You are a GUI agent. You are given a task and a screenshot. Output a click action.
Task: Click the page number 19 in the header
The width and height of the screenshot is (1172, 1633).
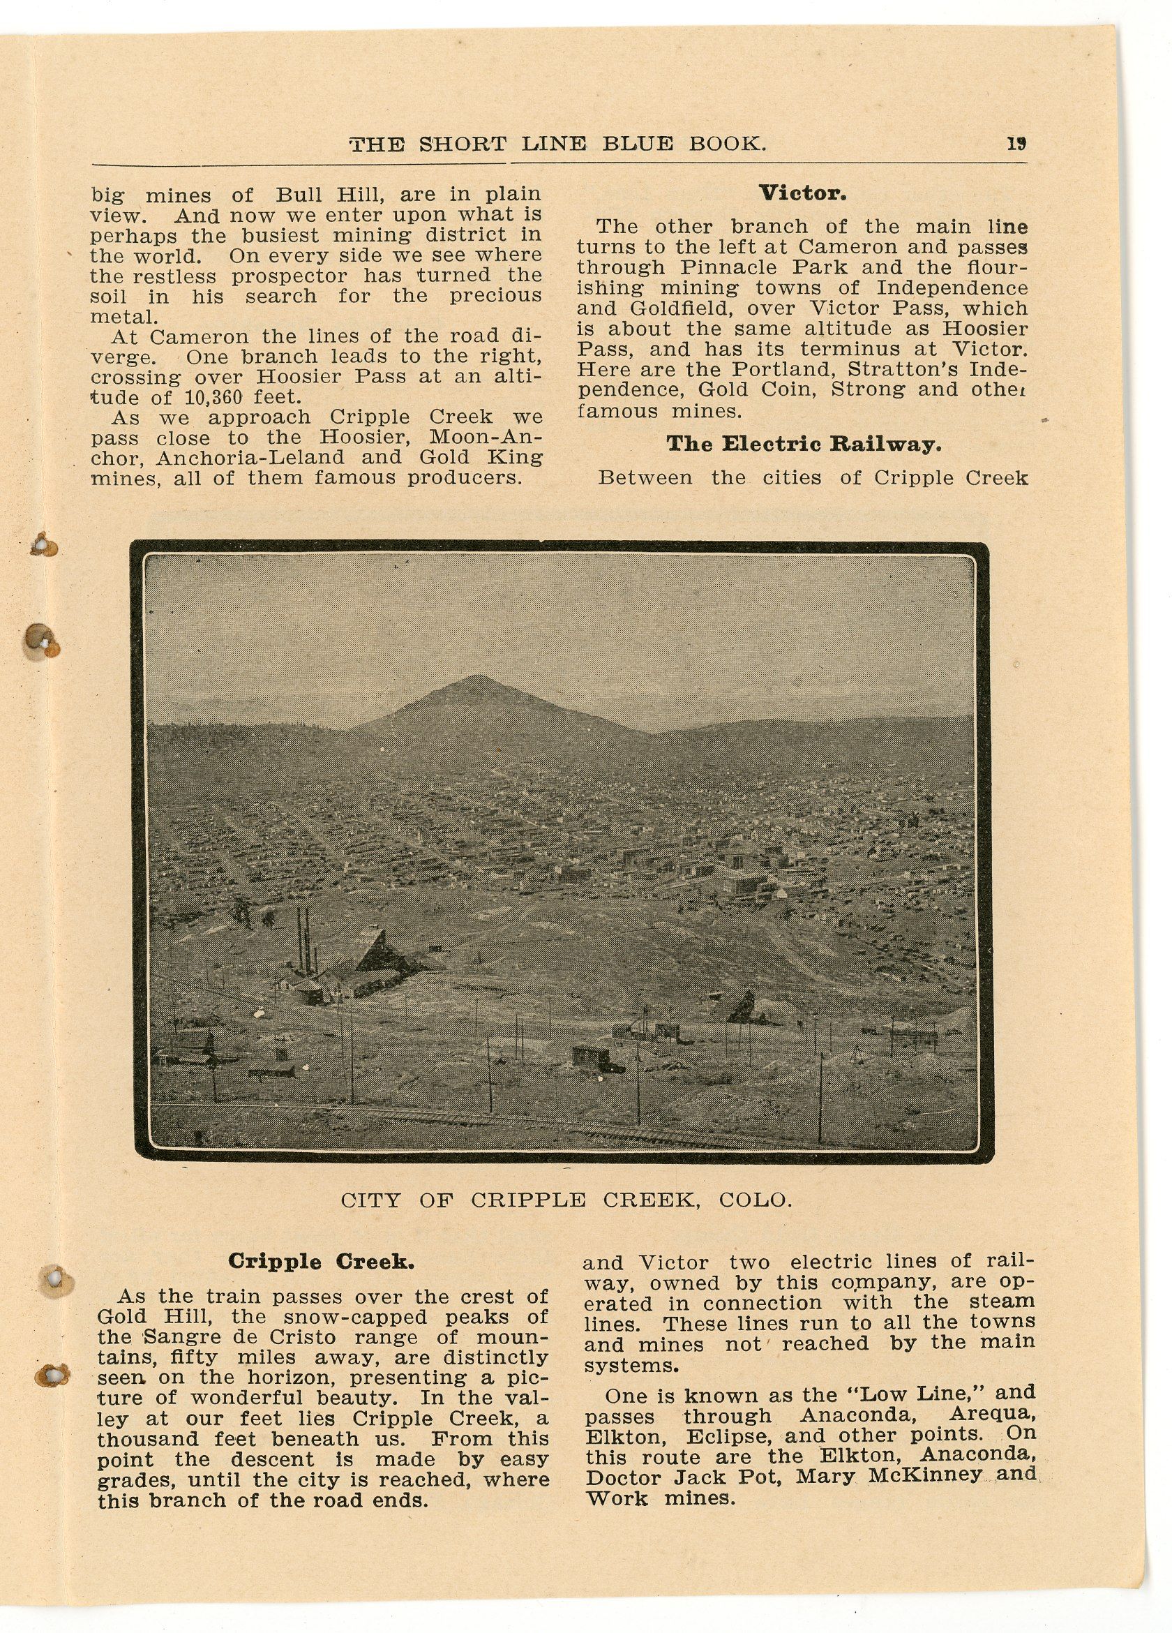pyautogui.click(x=1016, y=143)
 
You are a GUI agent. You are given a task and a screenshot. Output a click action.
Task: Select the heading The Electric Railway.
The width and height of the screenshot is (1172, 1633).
pyautogui.click(x=804, y=444)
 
